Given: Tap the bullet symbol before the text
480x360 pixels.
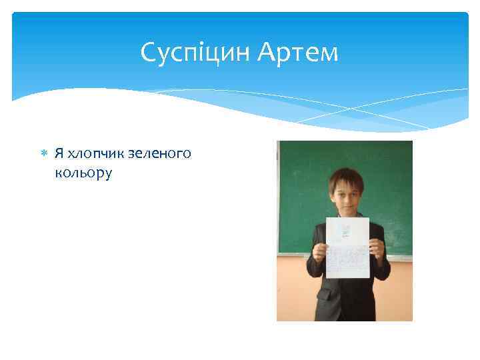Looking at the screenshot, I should click(45, 153).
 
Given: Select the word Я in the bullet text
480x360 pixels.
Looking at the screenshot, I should click(59, 153).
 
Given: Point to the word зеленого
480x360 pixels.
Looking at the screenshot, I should click(161, 153).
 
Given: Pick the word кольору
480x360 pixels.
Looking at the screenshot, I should click(84, 173).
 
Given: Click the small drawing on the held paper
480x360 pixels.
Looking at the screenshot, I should click(345, 231).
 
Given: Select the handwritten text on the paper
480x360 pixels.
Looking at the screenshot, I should click(346, 260).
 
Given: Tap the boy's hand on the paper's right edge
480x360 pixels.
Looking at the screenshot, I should click(375, 249).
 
